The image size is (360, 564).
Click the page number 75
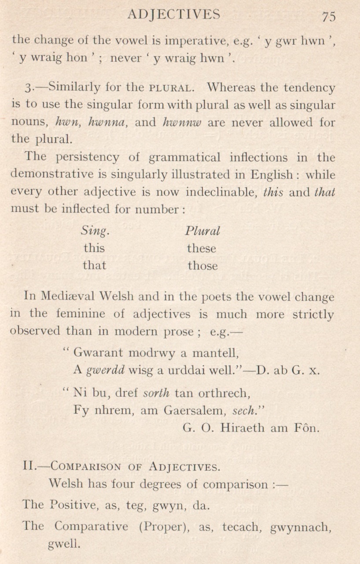click(x=329, y=16)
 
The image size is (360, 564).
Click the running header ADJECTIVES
click(x=173, y=15)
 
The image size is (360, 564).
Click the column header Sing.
click(x=95, y=231)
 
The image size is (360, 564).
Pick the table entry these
click(x=202, y=249)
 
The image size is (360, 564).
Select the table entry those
click(x=202, y=266)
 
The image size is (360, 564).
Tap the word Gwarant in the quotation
click(x=97, y=352)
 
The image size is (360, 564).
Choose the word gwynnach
click(x=300, y=527)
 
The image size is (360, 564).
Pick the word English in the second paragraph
click(x=270, y=175)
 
